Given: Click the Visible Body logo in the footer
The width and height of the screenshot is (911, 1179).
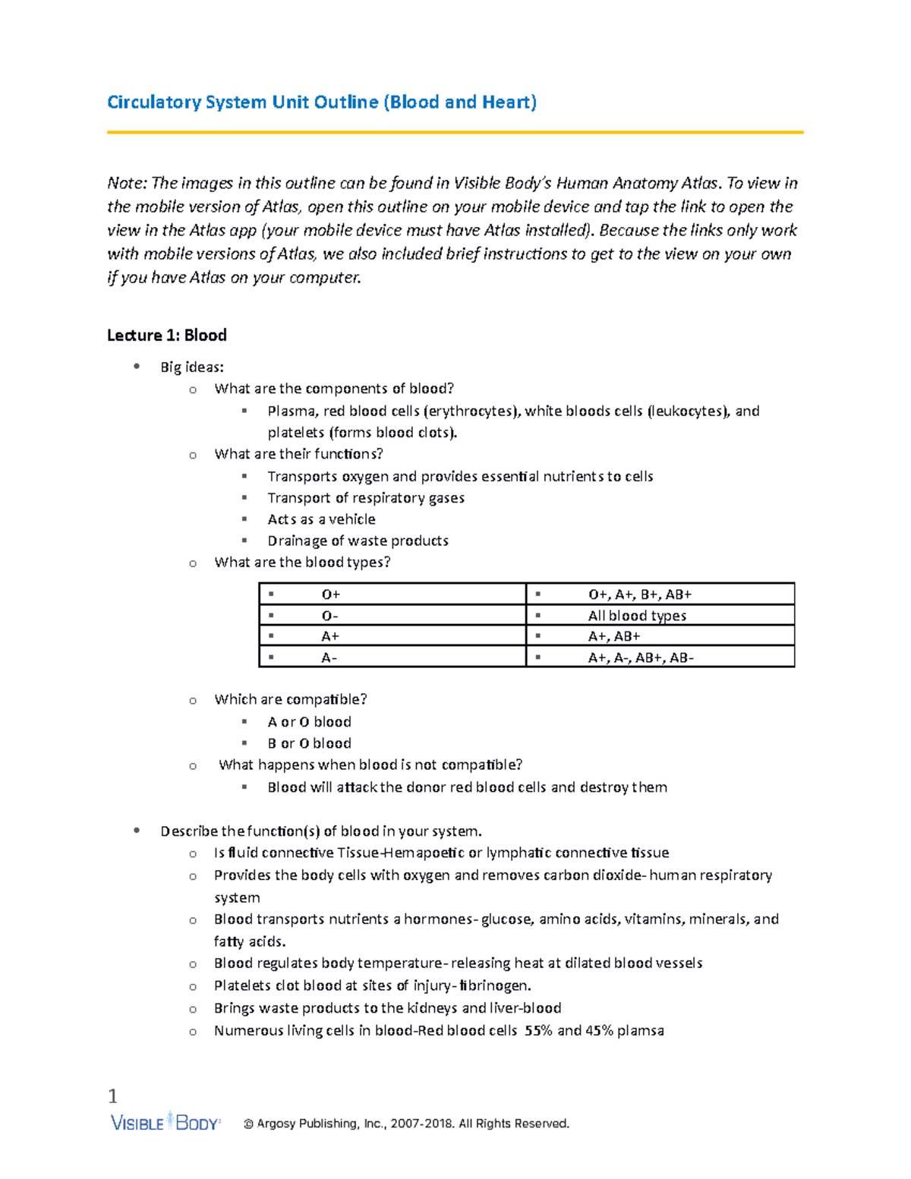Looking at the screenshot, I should [165, 1123].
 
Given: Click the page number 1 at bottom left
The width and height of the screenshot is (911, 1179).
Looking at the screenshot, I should [113, 1095].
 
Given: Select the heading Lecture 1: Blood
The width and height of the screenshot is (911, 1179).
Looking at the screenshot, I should [167, 336].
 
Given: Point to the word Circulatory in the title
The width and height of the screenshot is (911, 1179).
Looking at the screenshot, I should [154, 102].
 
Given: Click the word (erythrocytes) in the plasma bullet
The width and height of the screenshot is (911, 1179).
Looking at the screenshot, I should [471, 411].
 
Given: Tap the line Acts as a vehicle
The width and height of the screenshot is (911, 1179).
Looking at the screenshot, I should [321, 519].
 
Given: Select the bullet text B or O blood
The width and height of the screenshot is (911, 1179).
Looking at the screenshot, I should [309, 743].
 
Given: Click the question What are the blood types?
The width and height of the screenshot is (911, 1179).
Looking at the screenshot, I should [302, 563].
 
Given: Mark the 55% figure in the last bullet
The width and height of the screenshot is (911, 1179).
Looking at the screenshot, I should [538, 1031].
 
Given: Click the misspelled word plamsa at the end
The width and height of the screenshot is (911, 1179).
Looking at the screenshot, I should [640, 1031].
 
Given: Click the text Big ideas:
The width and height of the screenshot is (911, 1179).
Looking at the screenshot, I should [192, 367].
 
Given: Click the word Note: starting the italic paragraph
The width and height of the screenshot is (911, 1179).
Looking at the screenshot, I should [127, 183].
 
